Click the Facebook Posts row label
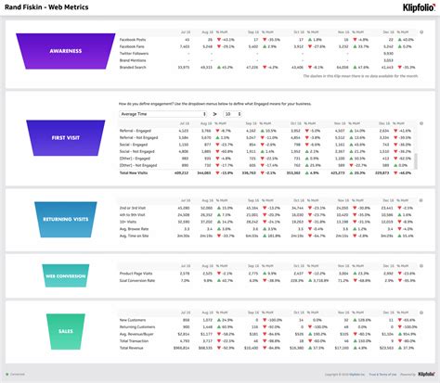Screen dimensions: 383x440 [132, 41]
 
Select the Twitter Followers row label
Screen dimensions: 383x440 [135, 54]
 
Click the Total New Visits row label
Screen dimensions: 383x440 [135, 172]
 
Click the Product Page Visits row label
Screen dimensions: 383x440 [137, 273]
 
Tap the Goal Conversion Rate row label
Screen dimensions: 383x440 [137, 280]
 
